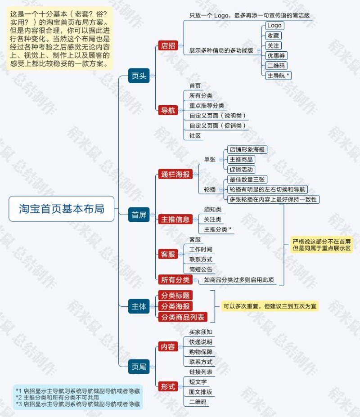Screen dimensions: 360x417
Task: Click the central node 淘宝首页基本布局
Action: tap(61, 209)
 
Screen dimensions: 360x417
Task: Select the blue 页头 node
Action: tap(139, 76)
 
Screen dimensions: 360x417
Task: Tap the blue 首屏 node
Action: tap(139, 215)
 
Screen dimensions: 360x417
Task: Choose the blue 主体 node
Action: tap(139, 307)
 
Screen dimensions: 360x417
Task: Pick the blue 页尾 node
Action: tap(139, 367)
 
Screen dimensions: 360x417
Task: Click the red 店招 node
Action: tap(168, 45)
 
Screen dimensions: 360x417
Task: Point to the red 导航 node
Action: tap(168, 110)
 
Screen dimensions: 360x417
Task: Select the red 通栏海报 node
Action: tap(175, 175)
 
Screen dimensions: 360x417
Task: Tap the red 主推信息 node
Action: tap(175, 220)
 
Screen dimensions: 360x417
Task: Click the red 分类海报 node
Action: tap(175, 306)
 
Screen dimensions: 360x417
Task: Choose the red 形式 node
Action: tap(168, 386)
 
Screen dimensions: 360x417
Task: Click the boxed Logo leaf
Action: tap(274, 26)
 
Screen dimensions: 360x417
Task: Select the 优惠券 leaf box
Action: tap(277, 56)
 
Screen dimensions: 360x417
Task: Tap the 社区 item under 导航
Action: tap(195, 135)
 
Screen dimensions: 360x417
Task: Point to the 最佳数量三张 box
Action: tap(247, 179)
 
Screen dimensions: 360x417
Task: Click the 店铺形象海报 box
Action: tap(247, 149)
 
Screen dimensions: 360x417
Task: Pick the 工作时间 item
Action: tap(201, 249)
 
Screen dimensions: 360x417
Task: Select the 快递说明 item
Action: tap(201, 342)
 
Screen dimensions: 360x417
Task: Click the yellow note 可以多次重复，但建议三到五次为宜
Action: tap(270, 307)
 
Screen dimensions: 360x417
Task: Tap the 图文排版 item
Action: tap(201, 392)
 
